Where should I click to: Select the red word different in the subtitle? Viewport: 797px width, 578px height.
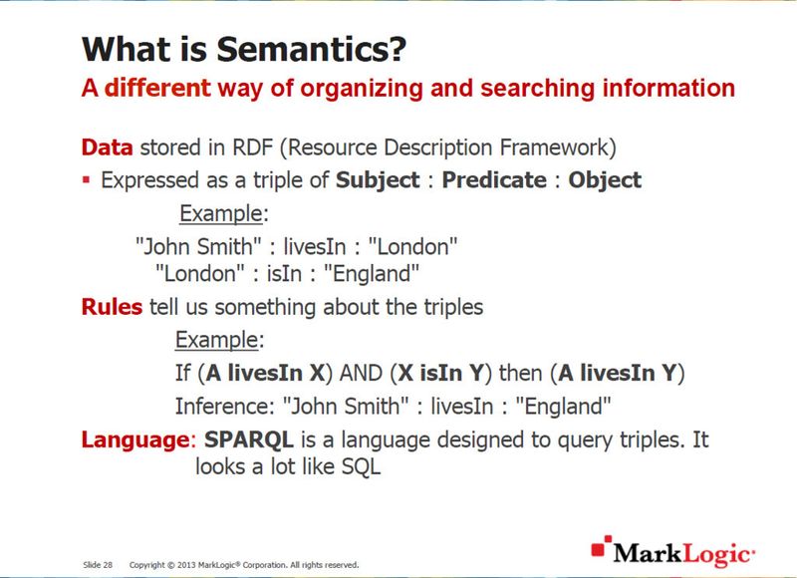tap(157, 88)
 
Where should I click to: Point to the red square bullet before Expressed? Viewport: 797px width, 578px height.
tap(87, 180)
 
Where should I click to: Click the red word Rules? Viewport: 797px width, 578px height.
tap(112, 307)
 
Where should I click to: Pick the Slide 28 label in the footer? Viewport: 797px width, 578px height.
tap(97, 565)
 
